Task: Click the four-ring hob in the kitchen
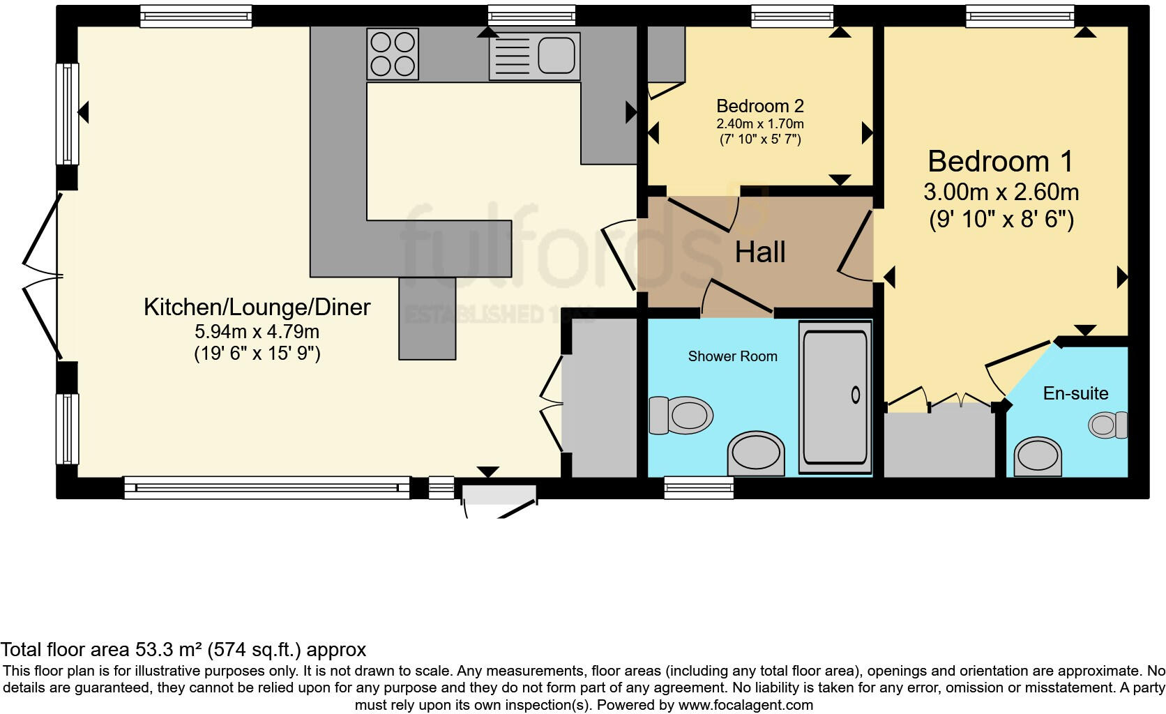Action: [392, 54]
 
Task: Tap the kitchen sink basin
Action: [556, 54]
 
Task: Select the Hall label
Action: [760, 252]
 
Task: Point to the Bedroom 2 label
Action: [759, 106]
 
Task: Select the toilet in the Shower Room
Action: [681, 416]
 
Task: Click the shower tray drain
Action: [856, 395]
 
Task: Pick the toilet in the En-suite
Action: [1108, 425]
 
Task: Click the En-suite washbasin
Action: [1038, 456]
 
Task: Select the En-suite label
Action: [1075, 393]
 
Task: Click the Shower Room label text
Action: [732, 356]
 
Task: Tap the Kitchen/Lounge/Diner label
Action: [257, 307]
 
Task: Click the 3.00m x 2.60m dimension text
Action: [1001, 192]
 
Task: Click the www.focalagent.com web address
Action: [745, 704]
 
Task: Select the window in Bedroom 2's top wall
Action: [792, 15]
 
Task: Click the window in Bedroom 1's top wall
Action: [1019, 15]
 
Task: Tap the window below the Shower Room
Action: [698, 487]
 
